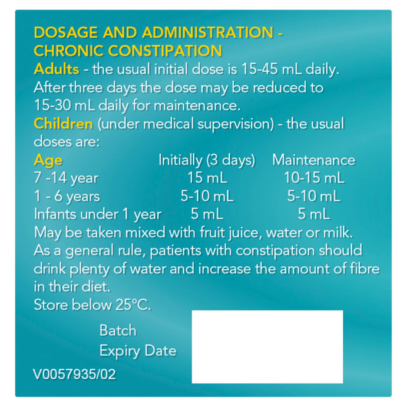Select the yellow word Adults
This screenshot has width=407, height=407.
[x=57, y=69]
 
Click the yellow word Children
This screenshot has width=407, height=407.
[x=63, y=124]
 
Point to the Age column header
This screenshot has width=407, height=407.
[x=48, y=160]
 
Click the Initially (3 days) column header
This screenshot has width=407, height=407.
[x=206, y=160]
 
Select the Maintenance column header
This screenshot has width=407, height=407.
[x=313, y=160]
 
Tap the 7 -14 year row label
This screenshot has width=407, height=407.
[x=66, y=178]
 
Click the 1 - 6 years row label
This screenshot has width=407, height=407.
[x=67, y=196]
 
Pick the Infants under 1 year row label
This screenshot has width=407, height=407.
[x=97, y=214]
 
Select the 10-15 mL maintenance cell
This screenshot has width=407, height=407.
[x=313, y=178]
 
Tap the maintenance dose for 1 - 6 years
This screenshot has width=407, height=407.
[x=313, y=196]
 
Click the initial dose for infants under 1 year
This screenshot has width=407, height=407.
[x=206, y=214]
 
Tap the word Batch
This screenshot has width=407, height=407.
[x=118, y=330]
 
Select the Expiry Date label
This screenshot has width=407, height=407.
[x=137, y=351]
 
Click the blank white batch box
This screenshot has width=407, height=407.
[x=267, y=346]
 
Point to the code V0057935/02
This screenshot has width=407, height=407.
[x=75, y=373]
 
